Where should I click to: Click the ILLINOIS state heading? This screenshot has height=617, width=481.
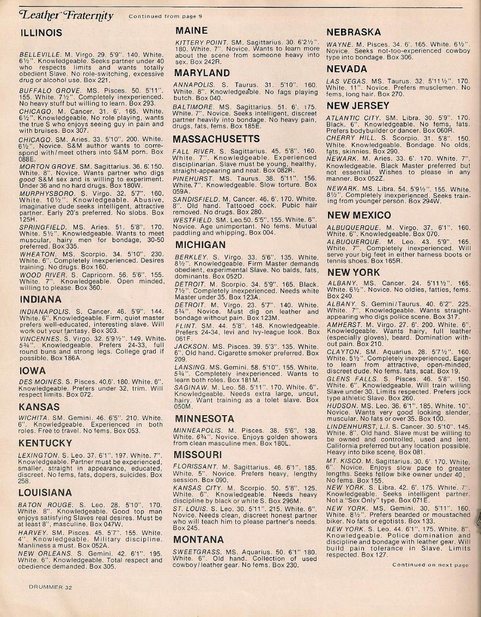[x=41, y=33]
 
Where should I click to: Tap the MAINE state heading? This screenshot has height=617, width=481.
[x=191, y=31]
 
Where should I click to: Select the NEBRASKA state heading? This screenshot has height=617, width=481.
[x=354, y=32]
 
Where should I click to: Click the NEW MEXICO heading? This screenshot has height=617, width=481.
[x=359, y=215]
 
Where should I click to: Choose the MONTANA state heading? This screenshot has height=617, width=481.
[x=199, y=539]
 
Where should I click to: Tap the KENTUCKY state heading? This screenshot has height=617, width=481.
[x=45, y=443]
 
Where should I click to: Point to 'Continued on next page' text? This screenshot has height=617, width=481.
[x=430, y=565]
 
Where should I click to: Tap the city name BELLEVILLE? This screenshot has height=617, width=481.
[x=40, y=54]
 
